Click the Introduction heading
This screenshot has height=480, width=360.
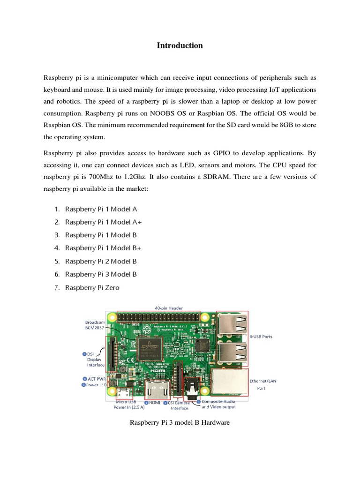(180, 45)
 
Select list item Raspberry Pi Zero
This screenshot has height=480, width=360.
(92, 287)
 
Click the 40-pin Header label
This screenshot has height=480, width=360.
(169, 308)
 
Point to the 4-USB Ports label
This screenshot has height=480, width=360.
(261, 337)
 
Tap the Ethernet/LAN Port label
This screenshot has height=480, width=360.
(263, 384)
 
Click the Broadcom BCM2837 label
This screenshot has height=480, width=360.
(95, 325)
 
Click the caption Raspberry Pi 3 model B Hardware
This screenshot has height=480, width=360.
(180, 423)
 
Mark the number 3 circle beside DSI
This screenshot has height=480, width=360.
(84, 354)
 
